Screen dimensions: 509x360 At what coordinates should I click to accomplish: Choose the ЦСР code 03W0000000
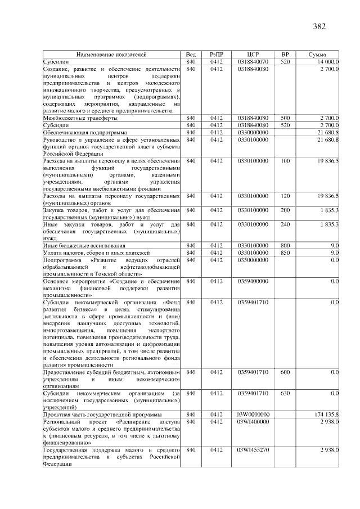tap(253, 415)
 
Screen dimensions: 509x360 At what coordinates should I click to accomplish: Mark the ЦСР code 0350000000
tap(253, 260)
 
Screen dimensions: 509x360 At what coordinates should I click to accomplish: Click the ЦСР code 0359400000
tap(253, 280)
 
